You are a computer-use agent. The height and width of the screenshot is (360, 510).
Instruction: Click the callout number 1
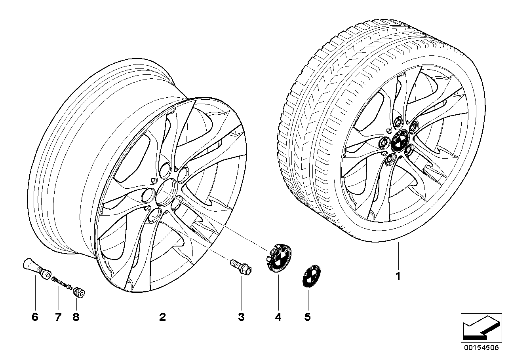point(398,277)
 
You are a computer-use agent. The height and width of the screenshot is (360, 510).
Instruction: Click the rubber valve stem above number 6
point(35,267)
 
